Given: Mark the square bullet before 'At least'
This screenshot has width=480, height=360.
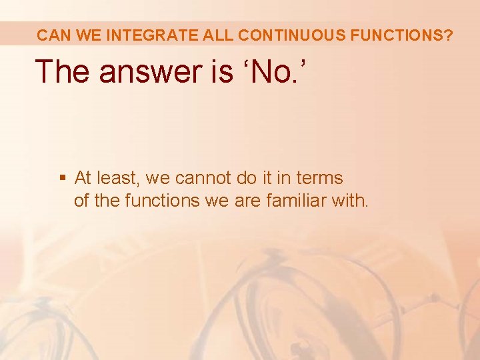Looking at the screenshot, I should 63,178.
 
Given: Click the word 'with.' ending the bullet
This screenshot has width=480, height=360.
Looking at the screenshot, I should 349,199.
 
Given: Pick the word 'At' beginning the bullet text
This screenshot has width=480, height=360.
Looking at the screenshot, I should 83,178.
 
